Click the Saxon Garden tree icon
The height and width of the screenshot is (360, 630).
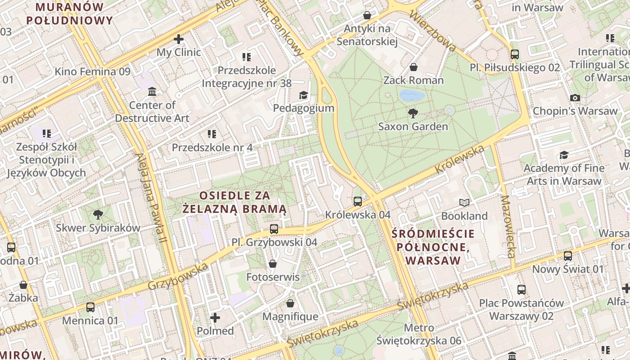[x=413, y=113]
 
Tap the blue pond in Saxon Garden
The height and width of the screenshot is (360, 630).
[x=412, y=95]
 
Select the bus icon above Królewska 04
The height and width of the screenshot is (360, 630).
[x=358, y=201]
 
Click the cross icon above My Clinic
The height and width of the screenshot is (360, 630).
[x=179, y=39]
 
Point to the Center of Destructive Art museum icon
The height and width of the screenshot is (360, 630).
[x=152, y=92]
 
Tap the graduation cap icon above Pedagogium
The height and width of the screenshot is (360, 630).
[x=303, y=95]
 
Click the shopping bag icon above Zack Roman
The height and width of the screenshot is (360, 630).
[x=413, y=67]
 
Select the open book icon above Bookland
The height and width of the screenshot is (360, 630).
[x=464, y=203]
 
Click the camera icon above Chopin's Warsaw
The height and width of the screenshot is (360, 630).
[x=575, y=98]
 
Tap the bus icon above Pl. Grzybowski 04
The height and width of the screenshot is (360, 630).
[x=274, y=229]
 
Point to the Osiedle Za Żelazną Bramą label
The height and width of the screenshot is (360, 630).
[x=234, y=202]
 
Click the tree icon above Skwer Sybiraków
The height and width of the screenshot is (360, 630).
[x=98, y=215]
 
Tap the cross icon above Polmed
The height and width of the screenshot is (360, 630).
[x=215, y=318]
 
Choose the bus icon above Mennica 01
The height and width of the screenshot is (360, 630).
[x=90, y=307]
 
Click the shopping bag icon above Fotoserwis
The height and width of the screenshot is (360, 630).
[x=272, y=264]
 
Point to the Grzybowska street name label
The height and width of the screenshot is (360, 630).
[x=178, y=276]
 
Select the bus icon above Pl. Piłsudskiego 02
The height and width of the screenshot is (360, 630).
[x=515, y=54]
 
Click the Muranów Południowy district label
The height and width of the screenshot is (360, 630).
[x=69, y=13]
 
